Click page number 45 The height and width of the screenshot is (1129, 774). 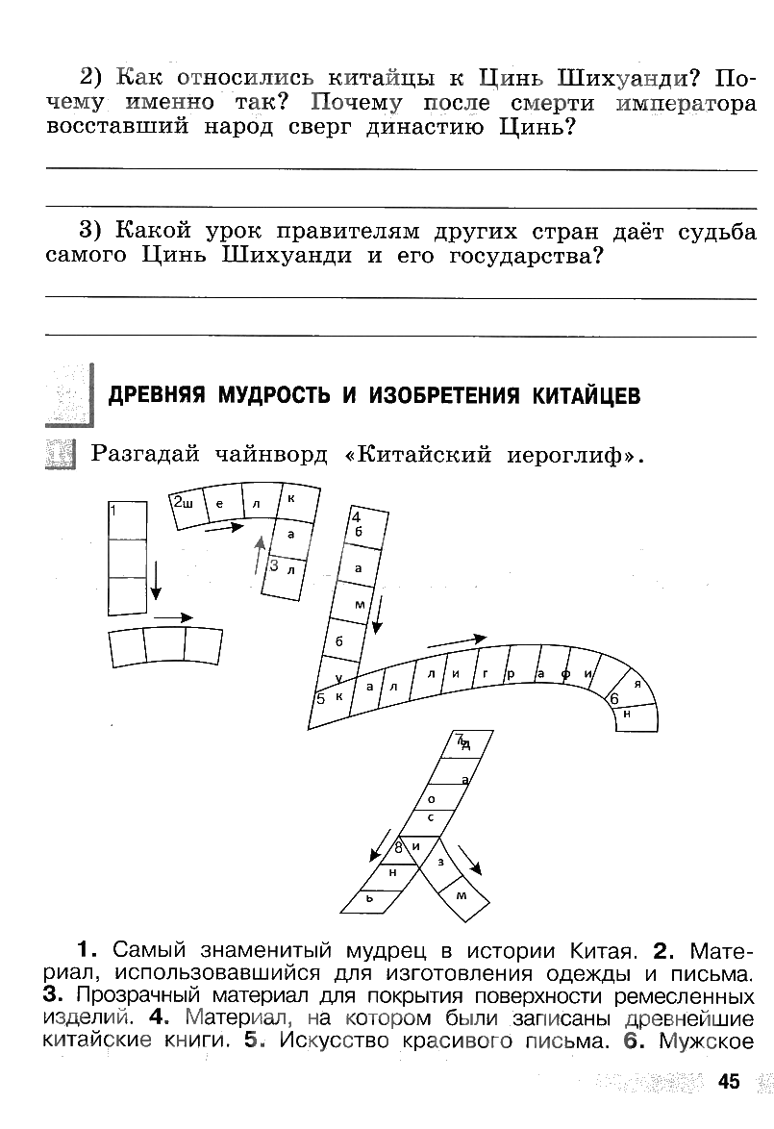point(728,1082)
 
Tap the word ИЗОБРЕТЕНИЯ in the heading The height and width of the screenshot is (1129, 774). point(440,396)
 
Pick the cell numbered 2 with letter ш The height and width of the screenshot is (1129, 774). point(187,508)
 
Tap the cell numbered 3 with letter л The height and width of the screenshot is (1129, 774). point(287,570)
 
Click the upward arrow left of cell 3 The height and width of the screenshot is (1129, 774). point(259,555)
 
